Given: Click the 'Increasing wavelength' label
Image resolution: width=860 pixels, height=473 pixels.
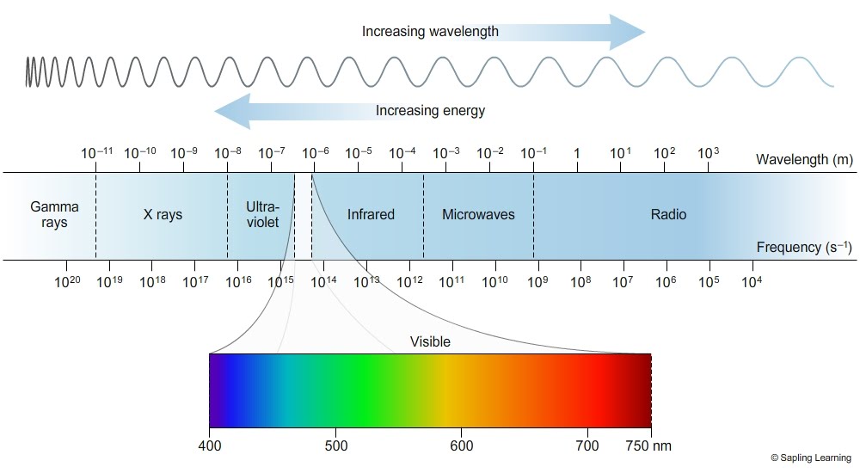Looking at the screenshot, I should click(430, 31).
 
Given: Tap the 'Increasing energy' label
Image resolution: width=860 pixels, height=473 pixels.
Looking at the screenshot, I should click(430, 110).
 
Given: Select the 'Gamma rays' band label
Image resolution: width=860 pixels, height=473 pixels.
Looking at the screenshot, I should click(54, 214).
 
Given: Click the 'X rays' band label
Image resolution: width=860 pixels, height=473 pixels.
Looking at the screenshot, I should click(163, 214).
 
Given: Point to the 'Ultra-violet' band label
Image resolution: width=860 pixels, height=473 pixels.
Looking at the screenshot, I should click(262, 214).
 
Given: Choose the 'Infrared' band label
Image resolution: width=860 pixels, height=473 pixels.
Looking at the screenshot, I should click(371, 214).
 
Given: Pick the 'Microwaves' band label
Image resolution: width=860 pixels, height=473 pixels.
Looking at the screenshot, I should click(478, 214).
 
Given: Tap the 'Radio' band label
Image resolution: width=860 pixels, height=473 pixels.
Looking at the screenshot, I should click(668, 214).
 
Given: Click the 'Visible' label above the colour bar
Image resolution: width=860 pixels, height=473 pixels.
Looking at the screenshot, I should click(430, 341).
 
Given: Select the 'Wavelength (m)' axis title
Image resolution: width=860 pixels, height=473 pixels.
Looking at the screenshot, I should click(804, 159).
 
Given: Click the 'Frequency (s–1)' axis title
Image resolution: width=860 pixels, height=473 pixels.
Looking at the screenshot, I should click(804, 248).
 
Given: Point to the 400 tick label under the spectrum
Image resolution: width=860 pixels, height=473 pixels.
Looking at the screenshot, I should click(209, 445).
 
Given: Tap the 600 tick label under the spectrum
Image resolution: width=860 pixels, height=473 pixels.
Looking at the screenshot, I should click(462, 445).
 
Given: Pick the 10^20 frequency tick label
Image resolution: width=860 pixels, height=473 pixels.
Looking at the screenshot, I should click(68, 281).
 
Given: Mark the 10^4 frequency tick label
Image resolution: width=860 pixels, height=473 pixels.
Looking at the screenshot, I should click(751, 281).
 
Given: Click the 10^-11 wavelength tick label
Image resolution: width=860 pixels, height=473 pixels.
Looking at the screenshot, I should click(96, 153).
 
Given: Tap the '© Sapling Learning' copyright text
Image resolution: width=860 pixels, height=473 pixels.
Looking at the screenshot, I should click(812, 458).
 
